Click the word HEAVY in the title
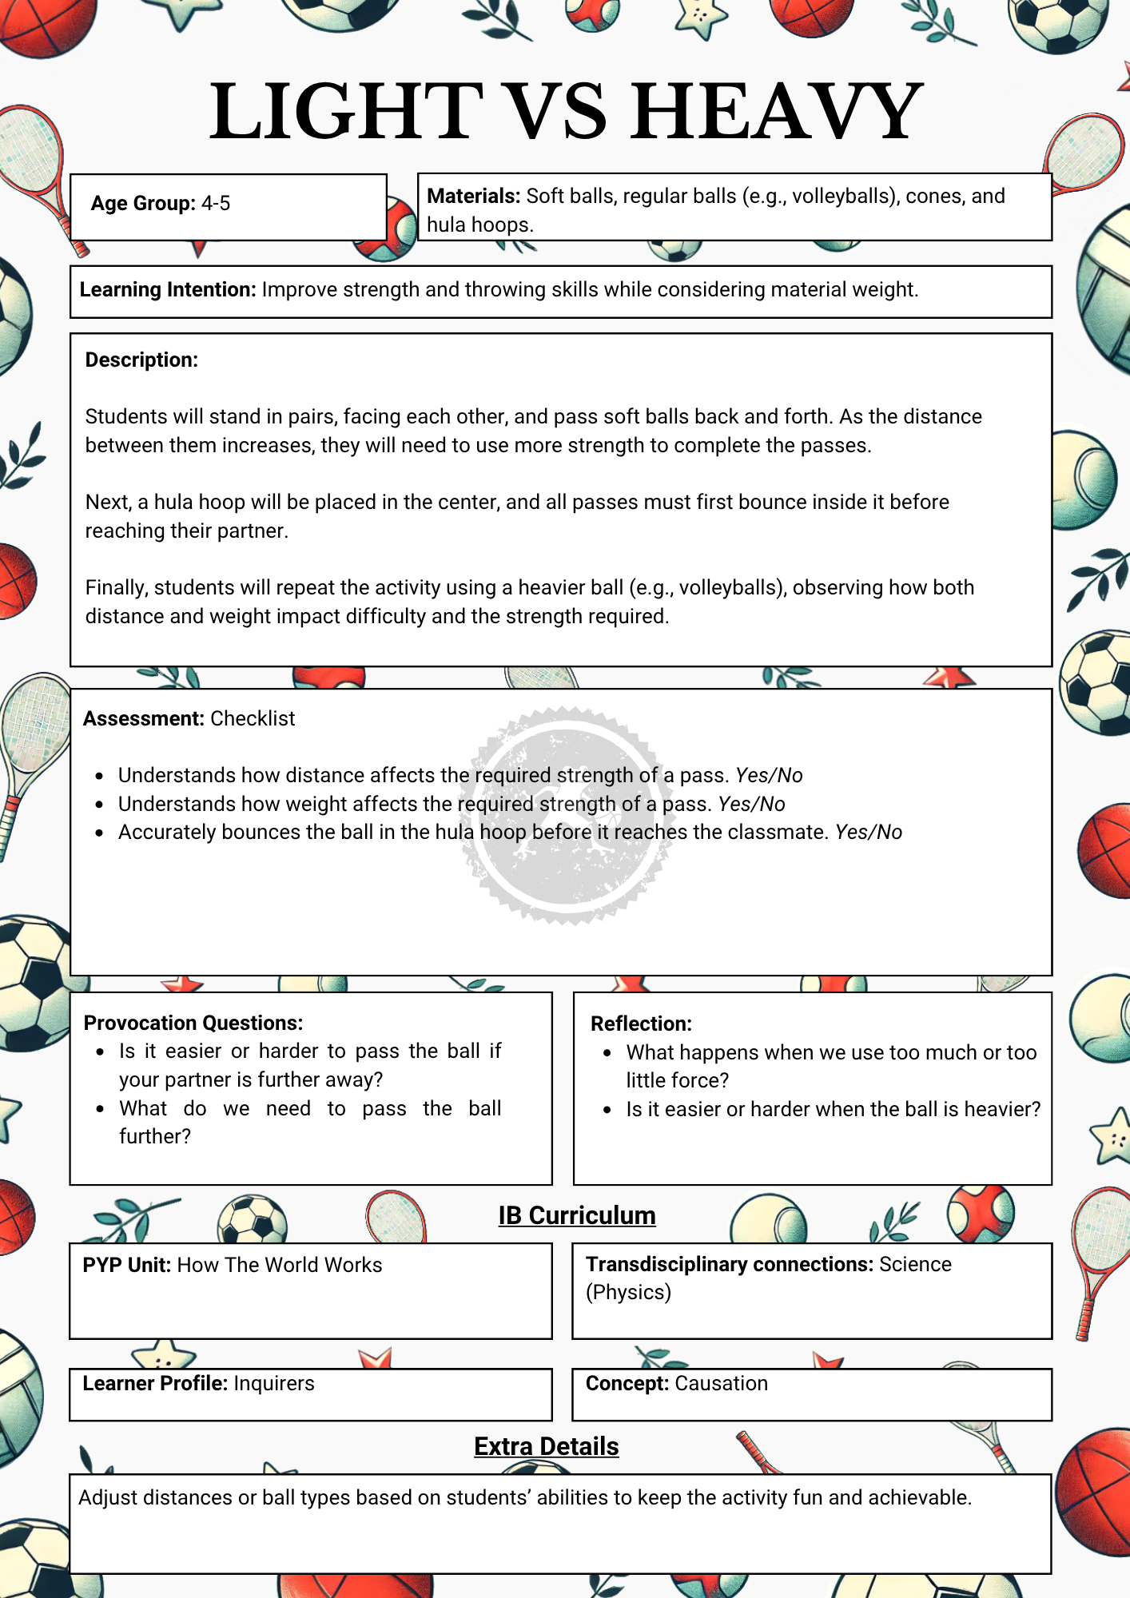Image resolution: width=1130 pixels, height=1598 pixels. point(778,112)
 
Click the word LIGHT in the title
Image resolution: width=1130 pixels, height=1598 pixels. point(346,112)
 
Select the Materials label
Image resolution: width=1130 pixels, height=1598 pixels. point(473,197)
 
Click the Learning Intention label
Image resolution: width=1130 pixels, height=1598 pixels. point(167,289)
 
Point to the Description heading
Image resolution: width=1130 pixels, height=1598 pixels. point(141,360)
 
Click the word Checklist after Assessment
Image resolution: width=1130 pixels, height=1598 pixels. point(253,719)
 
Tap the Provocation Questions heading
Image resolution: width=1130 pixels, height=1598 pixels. point(193,1024)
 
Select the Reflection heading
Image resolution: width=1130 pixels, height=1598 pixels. point(641,1024)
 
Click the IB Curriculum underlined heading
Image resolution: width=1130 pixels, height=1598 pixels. point(577,1215)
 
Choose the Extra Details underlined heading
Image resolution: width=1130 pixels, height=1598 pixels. point(547,1446)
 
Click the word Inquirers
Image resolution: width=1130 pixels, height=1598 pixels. point(274,1384)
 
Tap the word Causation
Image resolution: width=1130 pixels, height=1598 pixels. point(721,1384)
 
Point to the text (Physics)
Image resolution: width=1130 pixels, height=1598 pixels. point(628,1293)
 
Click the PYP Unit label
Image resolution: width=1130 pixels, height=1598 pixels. point(126,1266)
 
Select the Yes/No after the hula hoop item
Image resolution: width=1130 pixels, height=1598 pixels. point(869,833)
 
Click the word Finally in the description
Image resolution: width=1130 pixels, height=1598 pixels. point(117,588)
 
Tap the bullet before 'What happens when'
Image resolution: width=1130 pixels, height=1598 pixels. point(607,1053)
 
